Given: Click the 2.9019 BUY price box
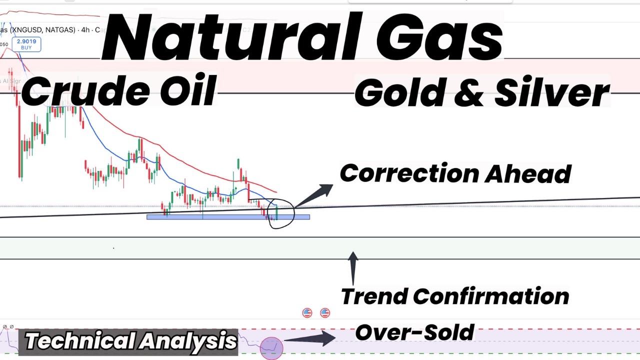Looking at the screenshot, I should coord(26,44).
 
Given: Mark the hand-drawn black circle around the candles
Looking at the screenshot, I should coord(281,213).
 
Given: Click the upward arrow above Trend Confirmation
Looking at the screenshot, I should coord(353,267).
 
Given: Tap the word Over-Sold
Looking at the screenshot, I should coord(414,332).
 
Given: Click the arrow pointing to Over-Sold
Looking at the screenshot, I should coord(310,339).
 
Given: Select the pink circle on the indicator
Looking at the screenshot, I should coord(271,347).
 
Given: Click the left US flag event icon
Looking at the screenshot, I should coord(307,313).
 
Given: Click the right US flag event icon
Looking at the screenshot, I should coord(325,313).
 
